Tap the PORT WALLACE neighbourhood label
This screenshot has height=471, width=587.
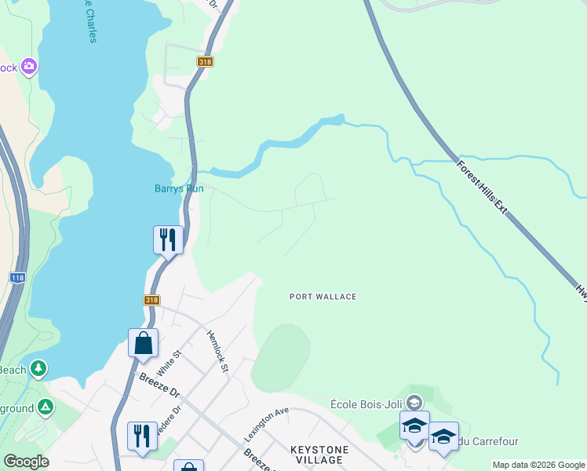(x=323, y=297)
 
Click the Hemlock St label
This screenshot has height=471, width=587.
(x=217, y=351)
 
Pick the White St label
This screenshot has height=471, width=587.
(x=163, y=363)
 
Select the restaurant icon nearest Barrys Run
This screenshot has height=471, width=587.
(x=168, y=239)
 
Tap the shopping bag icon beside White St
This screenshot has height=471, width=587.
(x=143, y=342)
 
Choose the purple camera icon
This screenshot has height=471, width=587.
(x=30, y=67)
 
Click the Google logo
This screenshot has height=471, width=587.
(x=26, y=462)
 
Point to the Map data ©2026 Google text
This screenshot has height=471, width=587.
(x=538, y=466)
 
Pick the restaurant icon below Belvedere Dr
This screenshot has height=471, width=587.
(x=142, y=436)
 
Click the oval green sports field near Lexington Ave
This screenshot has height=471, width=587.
(x=280, y=358)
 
